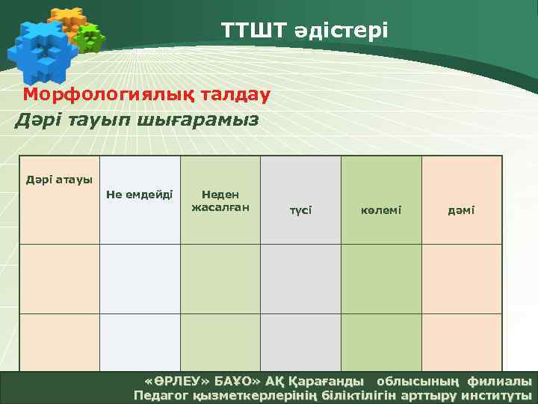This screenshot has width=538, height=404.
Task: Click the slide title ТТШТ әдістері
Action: (304, 30)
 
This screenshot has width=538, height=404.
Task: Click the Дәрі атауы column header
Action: (59, 180)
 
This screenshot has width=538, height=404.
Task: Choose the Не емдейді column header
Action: (140, 194)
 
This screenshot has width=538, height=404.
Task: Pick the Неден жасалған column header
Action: (220, 200)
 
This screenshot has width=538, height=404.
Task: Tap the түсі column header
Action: (300, 210)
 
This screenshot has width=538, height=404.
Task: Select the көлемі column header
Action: (381, 210)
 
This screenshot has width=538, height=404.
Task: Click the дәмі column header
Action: (461, 210)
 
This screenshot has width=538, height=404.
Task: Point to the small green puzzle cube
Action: (90, 37)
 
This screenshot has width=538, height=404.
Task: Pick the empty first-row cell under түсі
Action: (300, 279)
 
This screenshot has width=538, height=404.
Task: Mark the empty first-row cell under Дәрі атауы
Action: (59, 279)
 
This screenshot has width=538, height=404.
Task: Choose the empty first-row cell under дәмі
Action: (461, 279)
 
